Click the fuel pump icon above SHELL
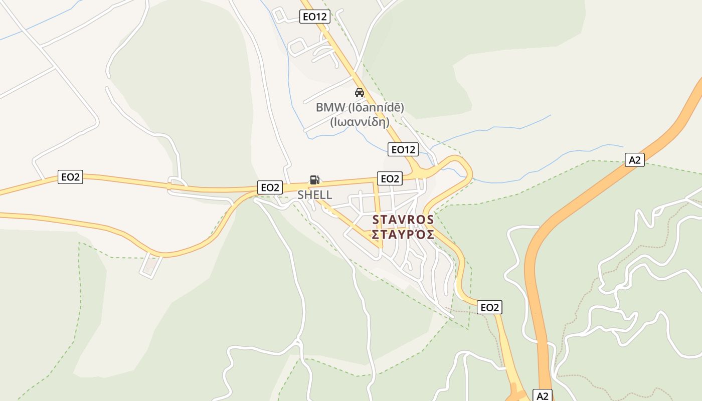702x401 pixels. (x=314, y=180)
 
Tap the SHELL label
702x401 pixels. (x=314, y=195)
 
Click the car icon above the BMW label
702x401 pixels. (x=359, y=93)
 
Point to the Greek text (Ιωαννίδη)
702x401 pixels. (x=360, y=121)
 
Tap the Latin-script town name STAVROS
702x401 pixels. (x=403, y=220)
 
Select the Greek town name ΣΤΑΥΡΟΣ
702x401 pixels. (x=403, y=235)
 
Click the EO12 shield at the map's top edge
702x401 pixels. (x=315, y=17)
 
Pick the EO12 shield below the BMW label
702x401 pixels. (x=403, y=149)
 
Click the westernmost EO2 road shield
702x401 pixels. (x=70, y=176)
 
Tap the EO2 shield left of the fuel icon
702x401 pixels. (x=270, y=187)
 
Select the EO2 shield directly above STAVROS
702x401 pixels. (x=390, y=178)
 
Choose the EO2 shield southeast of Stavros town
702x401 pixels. (x=489, y=307)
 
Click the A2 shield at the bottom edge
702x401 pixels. (x=543, y=395)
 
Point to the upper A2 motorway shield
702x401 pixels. (x=635, y=160)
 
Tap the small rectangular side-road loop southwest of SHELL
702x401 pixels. (x=151, y=266)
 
